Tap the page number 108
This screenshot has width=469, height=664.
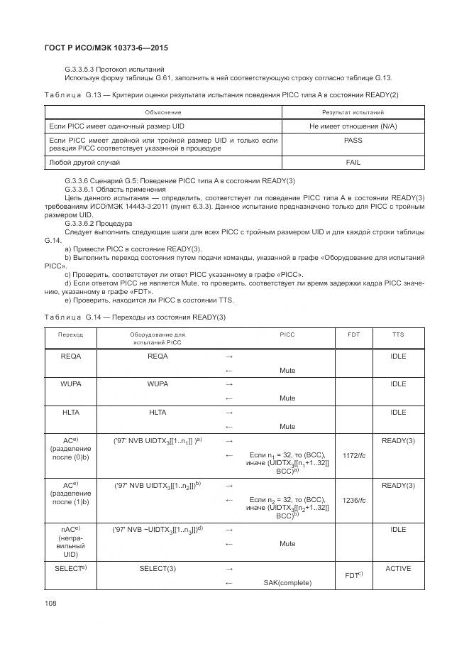(x=50, y=603)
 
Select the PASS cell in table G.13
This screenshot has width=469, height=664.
(x=353, y=141)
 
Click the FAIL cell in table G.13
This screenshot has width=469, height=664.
(x=353, y=163)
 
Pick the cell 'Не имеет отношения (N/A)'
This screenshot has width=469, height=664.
(x=353, y=126)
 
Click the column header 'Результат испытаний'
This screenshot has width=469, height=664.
(x=353, y=112)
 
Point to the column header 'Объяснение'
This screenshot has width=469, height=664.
(x=162, y=112)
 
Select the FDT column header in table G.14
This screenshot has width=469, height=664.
(x=353, y=334)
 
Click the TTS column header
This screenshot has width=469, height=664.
(x=398, y=334)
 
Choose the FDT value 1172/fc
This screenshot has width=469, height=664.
(x=353, y=455)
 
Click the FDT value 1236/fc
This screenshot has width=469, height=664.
(x=353, y=500)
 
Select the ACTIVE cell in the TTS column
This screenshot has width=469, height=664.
(x=398, y=569)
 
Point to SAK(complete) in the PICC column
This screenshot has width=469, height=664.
(x=287, y=583)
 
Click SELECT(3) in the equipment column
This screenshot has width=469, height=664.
(x=158, y=570)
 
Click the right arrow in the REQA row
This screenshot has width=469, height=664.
(x=228, y=357)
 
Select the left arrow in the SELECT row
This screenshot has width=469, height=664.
(x=228, y=583)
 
